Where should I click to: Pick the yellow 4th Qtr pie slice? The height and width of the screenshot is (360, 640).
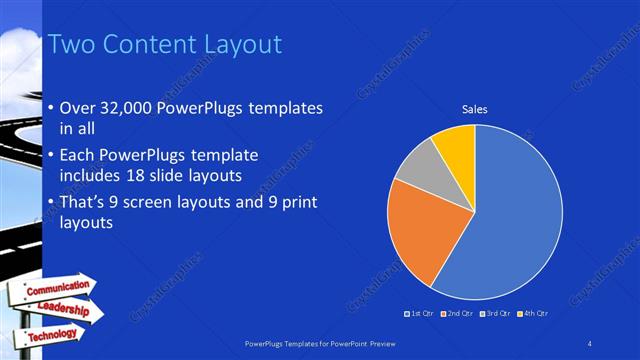pyautogui.click(x=456, y=144)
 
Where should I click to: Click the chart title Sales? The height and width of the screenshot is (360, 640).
pyautogui.click(x=474, y=109)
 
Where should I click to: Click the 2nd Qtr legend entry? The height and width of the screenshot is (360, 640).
pyautogui.click(x=458, y=314)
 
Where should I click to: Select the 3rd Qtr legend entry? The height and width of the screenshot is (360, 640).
pyautogui.click(x=496, y=314)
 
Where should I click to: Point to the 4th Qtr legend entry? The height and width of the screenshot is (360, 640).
pyautogui.click(x=533, y=314)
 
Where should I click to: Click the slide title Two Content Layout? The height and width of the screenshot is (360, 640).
pyautogui.click(x=164, y=45)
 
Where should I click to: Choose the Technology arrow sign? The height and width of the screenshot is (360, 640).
pyautogui.click(x=50, y=334)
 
